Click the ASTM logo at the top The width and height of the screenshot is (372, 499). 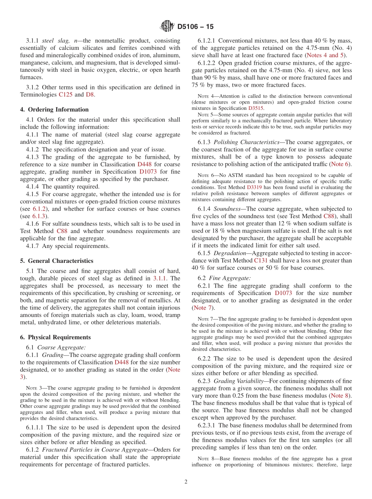coord(168,27)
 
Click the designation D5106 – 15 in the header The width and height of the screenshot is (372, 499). coord(195,27)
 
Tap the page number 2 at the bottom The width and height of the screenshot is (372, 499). coord(186,482)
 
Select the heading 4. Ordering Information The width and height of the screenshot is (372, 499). coord(54,109)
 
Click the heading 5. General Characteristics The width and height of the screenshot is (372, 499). coord(57,261)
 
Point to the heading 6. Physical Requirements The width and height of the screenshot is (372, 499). coord(55,337)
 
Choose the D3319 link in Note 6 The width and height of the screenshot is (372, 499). coord(254,188)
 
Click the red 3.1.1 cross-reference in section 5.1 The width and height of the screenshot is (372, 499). coord(161,278)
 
